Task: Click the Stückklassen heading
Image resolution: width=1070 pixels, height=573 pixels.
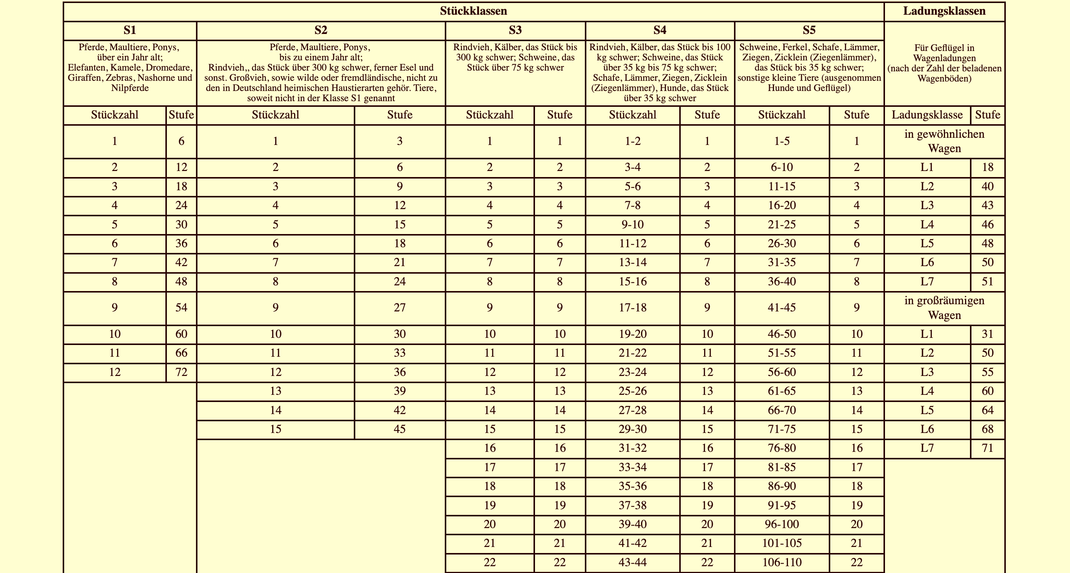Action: tap(473, 11)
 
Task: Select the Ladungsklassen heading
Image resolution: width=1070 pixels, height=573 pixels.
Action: tap(944, 11)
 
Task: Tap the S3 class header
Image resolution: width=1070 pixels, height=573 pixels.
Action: tap(515, 30)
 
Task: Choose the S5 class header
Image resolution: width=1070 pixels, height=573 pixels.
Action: tap(809, 30)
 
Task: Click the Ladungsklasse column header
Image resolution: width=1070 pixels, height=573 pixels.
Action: tap(927, 115)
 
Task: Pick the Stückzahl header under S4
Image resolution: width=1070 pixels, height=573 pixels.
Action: tap(633, 115)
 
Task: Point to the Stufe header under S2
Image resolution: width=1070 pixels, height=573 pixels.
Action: tap(399, 115)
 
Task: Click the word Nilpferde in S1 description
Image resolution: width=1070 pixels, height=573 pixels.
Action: tap(130, 88)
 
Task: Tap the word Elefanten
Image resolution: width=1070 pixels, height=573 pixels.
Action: tap(86, 68)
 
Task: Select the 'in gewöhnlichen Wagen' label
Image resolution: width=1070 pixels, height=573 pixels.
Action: tap(944, 141)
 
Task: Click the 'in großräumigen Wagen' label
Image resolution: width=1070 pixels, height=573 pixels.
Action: tap(944, 308)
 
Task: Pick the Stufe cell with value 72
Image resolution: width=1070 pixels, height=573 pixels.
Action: tap(181, 372)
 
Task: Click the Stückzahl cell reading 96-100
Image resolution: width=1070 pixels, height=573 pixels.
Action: tap(782, 524)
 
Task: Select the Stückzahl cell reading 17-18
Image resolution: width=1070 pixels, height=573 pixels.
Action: tap(633, 308)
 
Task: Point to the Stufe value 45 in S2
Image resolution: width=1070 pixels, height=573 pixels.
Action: tap(399, 429)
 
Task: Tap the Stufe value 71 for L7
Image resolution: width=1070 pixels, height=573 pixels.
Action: tap(987, 448)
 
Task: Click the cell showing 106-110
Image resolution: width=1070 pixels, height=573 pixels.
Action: tap(782, 562)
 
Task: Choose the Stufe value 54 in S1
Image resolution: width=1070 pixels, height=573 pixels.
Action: tap(181, 308)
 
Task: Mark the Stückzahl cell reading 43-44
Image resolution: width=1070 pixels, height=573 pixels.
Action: tap(633, 562)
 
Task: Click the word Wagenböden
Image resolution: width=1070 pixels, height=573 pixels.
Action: tap(944, 79)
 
